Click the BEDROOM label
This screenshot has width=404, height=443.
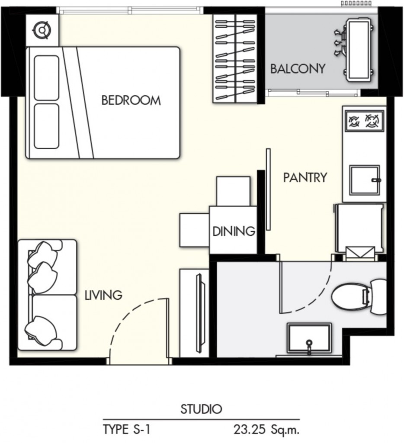(x=131, y=100)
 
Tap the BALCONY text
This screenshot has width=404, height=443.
(x=298, y=69)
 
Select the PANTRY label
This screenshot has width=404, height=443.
(x=305, y=177)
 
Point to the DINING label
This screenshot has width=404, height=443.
(x=233, y=231)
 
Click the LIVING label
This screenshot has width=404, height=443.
(x=103, y=295)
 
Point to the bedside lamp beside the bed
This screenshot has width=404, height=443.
(x=42, y=30)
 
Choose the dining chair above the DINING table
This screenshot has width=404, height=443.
(x=234, y=190)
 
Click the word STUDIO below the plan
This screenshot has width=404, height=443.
(x=201, y=409)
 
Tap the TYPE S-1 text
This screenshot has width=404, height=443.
(x=127, y=430)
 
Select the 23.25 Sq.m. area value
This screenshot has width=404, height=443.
(x=266, y=430)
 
